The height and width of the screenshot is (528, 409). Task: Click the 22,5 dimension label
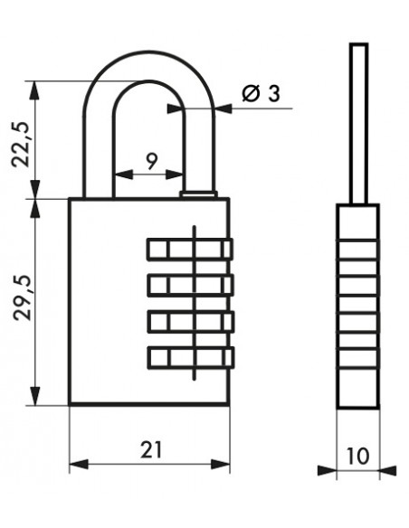coord(21,144)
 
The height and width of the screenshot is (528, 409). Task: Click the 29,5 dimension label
coord(23,297)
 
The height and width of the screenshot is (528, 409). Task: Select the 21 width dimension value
coord(151,449)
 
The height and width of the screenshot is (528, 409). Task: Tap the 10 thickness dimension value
coord(357,457)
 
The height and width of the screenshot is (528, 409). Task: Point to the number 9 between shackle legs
coord(152,161)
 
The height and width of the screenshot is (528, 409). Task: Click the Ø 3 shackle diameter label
coord(262,93)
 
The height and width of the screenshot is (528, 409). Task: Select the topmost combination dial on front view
coord(190,250)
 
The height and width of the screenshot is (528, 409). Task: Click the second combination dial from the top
coord(190,286)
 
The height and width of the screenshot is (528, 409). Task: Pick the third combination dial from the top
coord(191,322)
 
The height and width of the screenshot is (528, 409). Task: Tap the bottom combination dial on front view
coord(191,358)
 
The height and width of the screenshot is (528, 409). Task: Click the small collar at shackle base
coord(198,194)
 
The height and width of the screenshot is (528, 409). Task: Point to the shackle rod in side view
coord(358,124)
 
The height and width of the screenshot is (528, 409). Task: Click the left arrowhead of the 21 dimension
coord(79,464)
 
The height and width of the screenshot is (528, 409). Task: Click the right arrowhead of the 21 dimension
coord(220,464)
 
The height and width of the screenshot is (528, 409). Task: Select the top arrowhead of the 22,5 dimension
coord(34,90)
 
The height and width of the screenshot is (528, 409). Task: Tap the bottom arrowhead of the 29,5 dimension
coord(34,396)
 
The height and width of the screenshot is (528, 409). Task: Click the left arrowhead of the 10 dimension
coord(328,470)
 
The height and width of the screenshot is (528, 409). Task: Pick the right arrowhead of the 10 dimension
coord(388,470)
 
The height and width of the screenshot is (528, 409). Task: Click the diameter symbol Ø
coord(252,93)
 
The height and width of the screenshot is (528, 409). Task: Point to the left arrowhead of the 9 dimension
coord(124,174)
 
